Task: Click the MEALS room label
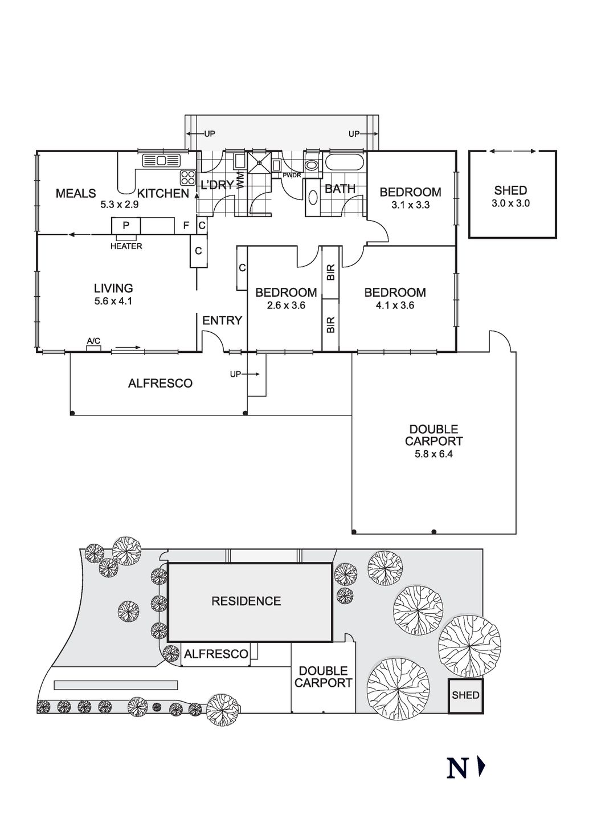[76, 193]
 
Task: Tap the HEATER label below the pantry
[126, 246]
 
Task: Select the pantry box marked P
[126, 226]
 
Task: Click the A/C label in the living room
[93, 341]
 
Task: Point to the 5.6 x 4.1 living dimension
[113, 301]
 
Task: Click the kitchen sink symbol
[161, 160]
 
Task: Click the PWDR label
[292, 175]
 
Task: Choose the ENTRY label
[222, 320]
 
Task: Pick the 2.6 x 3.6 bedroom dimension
[286, 306]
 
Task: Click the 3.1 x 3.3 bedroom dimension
[410, 205]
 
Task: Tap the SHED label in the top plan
[510, 190]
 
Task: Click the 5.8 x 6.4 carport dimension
[433, 454]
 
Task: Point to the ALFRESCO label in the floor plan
[160, 383]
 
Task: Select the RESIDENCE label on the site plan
[246, 601]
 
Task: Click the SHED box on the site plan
[465, 695]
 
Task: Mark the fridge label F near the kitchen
[186, 226]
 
